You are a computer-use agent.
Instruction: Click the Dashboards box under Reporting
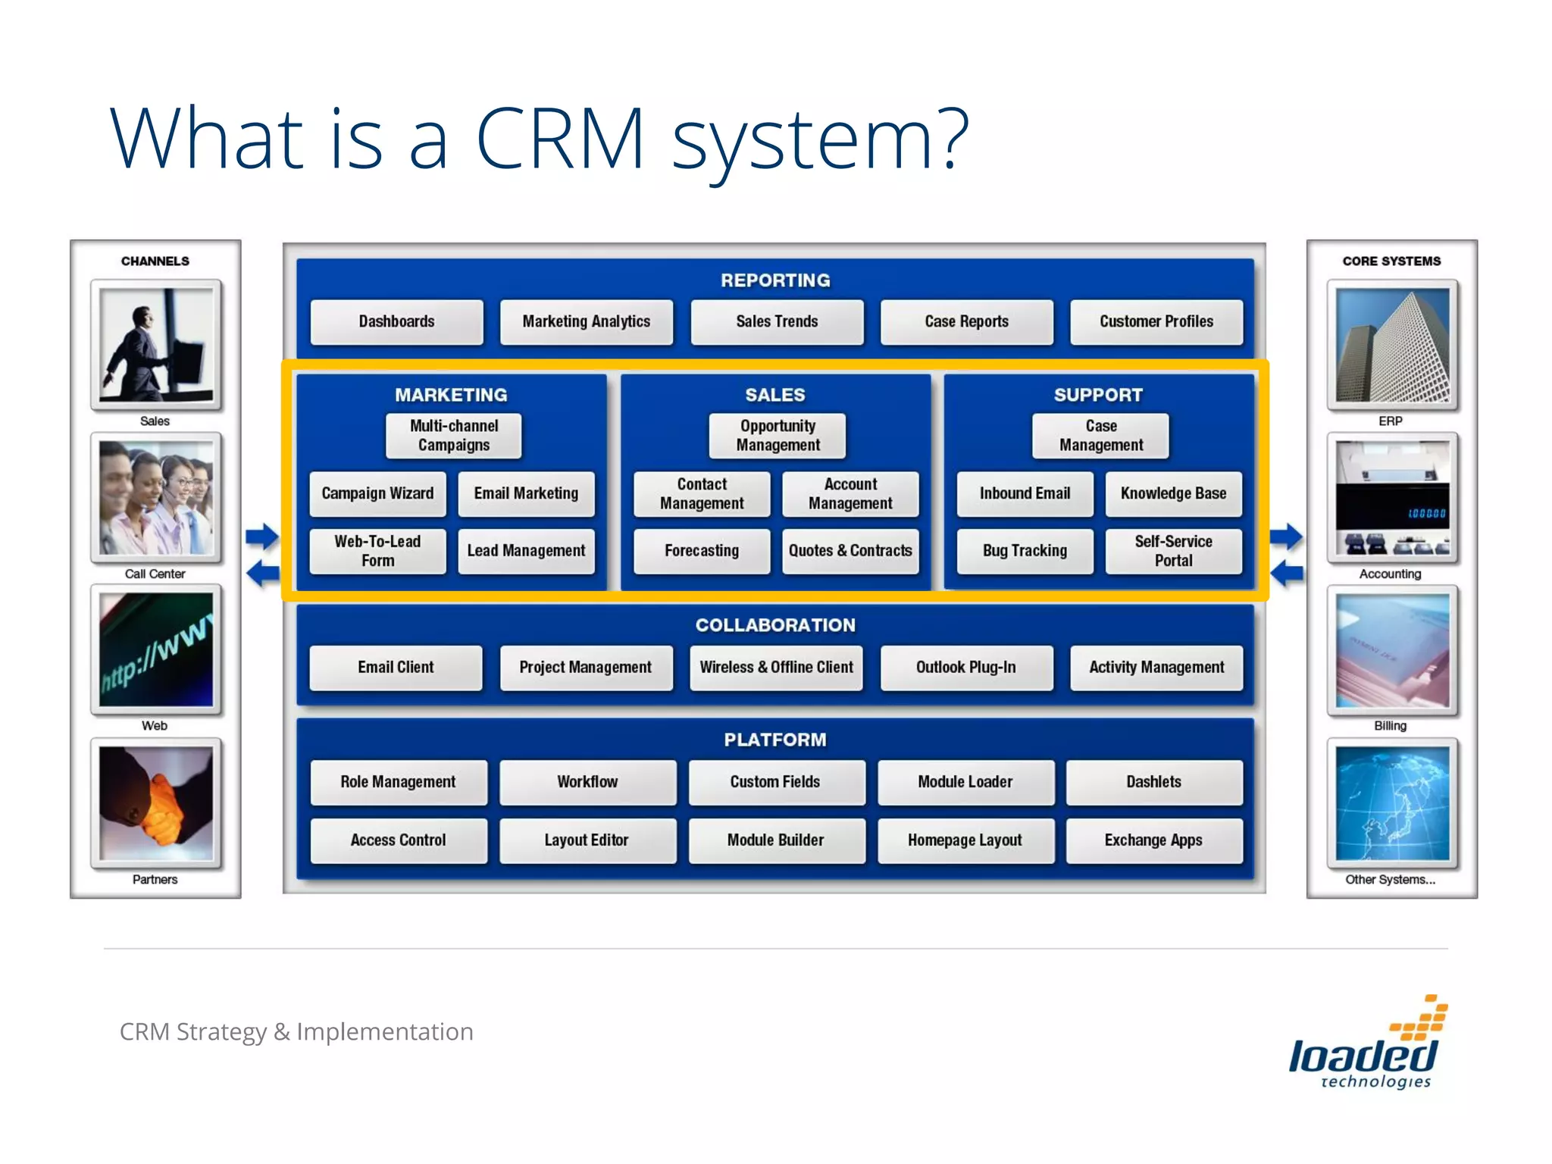(396, 322)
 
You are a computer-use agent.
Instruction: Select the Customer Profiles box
(1156, 322)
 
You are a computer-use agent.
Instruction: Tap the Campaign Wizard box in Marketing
(377, 494)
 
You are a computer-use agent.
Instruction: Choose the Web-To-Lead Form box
(377, 552)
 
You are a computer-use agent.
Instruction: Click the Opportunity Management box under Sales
(778, 436)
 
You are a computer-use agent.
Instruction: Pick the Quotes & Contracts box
(850, 552)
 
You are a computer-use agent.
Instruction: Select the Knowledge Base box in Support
(1173, 494)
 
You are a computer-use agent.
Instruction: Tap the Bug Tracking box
(1025, 552)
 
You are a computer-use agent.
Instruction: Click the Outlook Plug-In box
(966, 668)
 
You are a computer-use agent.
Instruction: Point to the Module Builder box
(776, 840)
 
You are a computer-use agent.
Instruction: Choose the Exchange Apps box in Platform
(1153, 840)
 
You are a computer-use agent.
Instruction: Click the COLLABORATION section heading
(775, 625)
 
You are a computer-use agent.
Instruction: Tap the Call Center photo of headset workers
(156, 498)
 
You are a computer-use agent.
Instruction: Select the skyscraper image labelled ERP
(1392, 346)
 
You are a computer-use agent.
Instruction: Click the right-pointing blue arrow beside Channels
(262, 537)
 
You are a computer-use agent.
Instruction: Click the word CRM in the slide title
(560, 139)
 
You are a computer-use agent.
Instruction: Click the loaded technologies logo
(1366, 1046)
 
